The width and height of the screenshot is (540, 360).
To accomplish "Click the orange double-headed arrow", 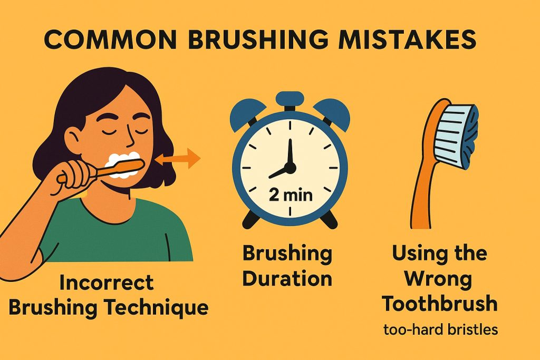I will [179, 158].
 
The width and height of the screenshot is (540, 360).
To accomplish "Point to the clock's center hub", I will [290, 168].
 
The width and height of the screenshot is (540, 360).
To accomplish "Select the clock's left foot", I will [248, 220].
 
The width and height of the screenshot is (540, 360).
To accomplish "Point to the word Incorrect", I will [107, 282].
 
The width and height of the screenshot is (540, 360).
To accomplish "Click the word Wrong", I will [439, 279].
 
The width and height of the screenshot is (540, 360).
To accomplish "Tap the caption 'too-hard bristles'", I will [440, 330].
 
